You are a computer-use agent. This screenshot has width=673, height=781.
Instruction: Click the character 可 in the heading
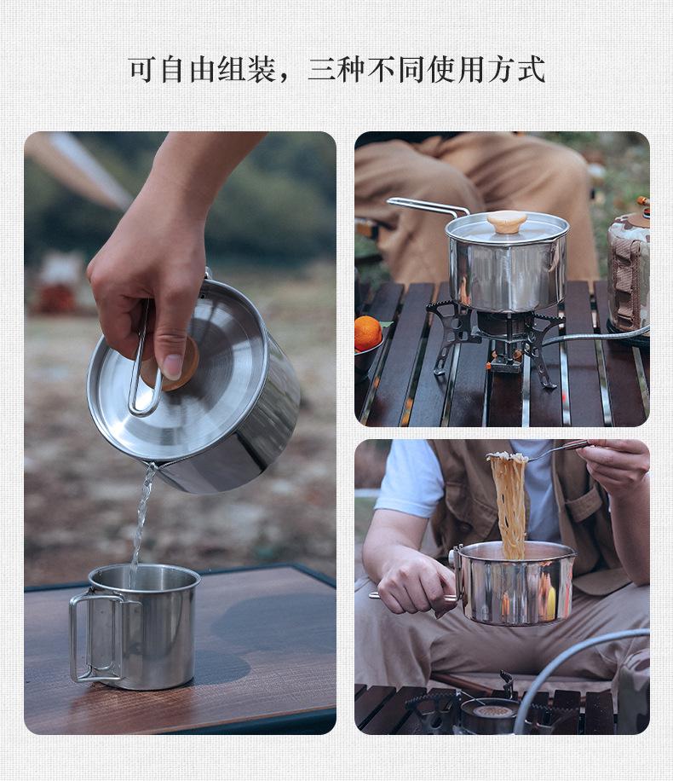[x=142, y=69]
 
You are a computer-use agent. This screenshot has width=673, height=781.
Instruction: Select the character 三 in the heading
[x=321, y=69]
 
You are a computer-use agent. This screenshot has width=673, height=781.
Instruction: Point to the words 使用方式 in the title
[x=486, y=69]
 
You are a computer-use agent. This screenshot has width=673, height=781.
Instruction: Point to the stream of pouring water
[x=142, y=512]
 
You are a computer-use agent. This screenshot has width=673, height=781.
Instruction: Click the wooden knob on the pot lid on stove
[x=506, y=221]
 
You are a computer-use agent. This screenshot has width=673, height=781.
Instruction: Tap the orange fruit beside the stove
[x=368, y=333]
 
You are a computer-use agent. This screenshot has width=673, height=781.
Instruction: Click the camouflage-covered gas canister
[x=629, y=273]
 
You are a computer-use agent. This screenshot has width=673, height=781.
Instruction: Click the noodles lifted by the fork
[x=509, y=503]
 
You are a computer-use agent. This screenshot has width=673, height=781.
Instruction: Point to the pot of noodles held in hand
[x=516, y=583]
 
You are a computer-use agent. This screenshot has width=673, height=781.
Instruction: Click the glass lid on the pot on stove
[x=507, y=229]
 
